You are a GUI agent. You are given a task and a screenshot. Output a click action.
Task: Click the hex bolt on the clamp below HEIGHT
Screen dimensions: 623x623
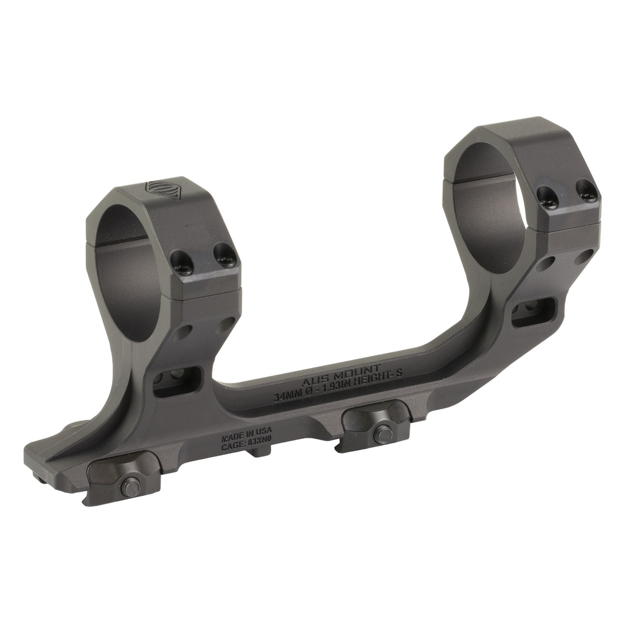[x=382, y=434]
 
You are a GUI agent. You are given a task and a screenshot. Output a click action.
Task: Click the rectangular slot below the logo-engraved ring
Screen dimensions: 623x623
[x=177, y=381]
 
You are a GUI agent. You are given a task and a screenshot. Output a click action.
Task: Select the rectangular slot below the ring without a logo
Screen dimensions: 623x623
[x=533, y=312]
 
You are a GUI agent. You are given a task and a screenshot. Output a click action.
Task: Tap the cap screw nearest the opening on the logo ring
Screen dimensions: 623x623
[x=182, y=263]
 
